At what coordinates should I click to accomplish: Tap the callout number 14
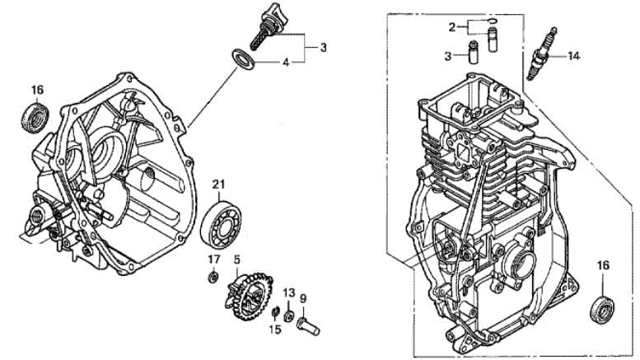coord(573,56)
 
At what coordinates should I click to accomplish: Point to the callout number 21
coord(218,183)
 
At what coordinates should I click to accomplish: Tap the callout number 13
coord(289,292)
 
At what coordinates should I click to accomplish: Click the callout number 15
coord(276,330)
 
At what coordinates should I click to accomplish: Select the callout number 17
coord(213,259)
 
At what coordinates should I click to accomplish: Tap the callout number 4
coord(286,63)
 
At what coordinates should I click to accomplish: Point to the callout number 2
coord(452,27)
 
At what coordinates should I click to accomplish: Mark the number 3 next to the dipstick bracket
coord(323,48)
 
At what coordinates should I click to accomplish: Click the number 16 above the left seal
coord(37,90)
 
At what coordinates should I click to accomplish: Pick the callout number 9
coord(302,298)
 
